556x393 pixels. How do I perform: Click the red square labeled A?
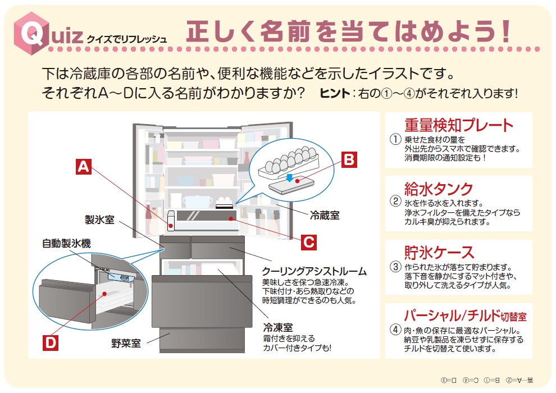click(x=83, y=167)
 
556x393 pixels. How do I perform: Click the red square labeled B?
click(x=349, y=160)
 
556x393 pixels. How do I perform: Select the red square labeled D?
click(x=51, y=342)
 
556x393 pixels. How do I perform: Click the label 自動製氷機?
click(x=66, y=244)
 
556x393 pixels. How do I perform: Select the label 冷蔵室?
click(x=325, y=214)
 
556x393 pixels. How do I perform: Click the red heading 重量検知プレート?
click(x=459, y=125)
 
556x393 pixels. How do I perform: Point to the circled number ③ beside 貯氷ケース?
click(x=396, y=267)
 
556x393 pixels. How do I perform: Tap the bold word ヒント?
click(x=334, y=93)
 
